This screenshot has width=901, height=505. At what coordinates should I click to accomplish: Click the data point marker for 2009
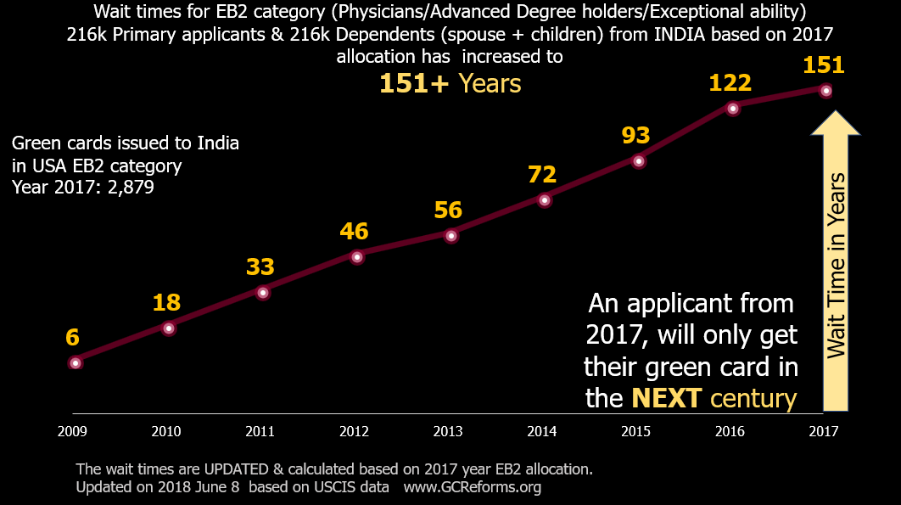pyautogui.click(x=76, y=363)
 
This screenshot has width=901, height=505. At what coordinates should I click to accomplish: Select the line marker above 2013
pyautogui.click(x=451, y=236)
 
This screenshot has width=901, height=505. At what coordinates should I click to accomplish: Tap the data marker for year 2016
pyautogui.click(x=733, y=108)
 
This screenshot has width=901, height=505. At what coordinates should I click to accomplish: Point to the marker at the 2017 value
pyautogui.click(x=826, y=91)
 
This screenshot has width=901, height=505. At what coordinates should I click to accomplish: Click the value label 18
pyautogui.click(x=166, y=303)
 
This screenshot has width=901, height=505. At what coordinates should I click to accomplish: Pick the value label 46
pyautogui.click(x=355, y=232)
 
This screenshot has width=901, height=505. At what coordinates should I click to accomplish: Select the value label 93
pyautogui.click(x=635, y=136)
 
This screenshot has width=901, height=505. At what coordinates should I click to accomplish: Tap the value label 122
pyautogui.click(x=730, y=82)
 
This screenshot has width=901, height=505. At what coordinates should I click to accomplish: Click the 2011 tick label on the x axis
pyautogui.click(x=260, y=431)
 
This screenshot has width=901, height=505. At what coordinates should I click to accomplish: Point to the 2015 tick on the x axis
pyautogui.click(x=635, y=431)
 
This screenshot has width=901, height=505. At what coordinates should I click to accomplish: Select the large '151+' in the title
pyautogui.click(x=414, y=83)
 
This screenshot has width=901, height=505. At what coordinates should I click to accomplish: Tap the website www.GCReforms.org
pyautogui.click(x=472, y=487)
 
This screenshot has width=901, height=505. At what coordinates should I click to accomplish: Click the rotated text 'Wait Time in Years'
pyautogui.click(x=837, y=265)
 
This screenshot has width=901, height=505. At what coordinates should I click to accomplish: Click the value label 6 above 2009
pyautogui.click(x=72, y=338)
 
